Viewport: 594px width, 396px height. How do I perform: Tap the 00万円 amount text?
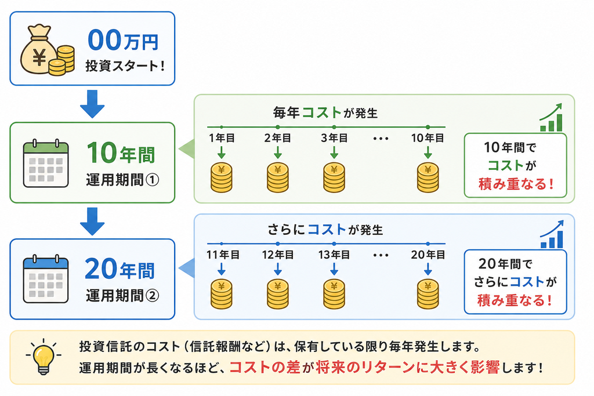pos(123,41)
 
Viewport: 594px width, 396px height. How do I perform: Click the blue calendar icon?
pos(46,279)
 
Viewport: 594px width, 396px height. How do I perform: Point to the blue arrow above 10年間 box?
pos(92,104)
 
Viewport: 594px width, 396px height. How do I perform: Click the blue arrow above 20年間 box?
pos(92,221)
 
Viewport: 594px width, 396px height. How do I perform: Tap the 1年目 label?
pos(222,138)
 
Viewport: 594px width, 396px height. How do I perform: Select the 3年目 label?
pos(334,138)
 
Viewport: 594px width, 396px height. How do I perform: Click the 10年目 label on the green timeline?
pos(428,138)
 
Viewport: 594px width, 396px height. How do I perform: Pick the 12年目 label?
pos(278,255)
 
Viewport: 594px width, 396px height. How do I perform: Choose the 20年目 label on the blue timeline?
pos(428,255)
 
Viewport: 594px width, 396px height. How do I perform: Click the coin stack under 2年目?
pos(278,177)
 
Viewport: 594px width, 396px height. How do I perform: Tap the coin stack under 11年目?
pos(222,294)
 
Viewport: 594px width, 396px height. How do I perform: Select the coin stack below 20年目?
pos(428,294)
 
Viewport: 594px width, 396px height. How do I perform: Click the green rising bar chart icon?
pos(552,117)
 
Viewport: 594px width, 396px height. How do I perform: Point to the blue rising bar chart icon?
pos(552,234)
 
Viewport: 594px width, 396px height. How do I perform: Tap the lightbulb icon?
pos(44,357)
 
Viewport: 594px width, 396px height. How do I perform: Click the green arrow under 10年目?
pos(428,152)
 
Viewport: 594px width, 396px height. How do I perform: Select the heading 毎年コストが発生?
pos(325,112)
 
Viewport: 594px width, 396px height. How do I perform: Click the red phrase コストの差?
pos(265,367)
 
